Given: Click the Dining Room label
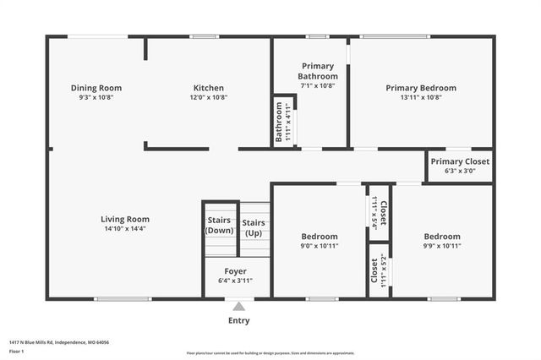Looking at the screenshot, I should pyautogui.click(x=96, y=88).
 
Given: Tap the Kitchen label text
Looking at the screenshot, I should pyautogui.click(x=208, y=88).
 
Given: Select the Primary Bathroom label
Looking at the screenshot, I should pyautogui.click(x=317, y=71).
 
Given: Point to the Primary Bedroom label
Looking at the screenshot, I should pyautogui.click(x=421, y=88).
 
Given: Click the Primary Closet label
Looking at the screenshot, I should pyautogui.click(x=459, y=161).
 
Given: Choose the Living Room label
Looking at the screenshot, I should pyautogui.click(x=125, y=219).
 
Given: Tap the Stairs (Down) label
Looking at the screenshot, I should pyautogui.click(x=220, y=226).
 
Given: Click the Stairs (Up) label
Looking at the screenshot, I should pyautogui.click(x=254, y=227).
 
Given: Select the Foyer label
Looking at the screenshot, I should pyautogui.click(x=235, y=271).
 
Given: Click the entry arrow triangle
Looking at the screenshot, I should pyautogui.click(x=239, y=307).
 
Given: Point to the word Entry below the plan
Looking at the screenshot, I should pyautogui.click(x=239, y=320).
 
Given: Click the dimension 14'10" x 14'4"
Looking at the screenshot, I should pyautogui.click(x=125, y=229).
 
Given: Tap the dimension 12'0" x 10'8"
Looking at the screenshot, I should pyautogui.click(x=208, y=97).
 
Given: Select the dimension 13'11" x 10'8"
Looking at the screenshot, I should pyautogui.click(x=421, y=97).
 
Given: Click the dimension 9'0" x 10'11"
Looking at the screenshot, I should pyautogui.click(x=320, y=246).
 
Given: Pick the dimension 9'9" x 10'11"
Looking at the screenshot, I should pyautogui.click(x=442, y=246).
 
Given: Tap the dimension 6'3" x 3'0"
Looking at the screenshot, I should pyautogui.click(x=459, y=171).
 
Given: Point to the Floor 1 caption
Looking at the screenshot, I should pyautogui.click(x=16, y=350).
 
